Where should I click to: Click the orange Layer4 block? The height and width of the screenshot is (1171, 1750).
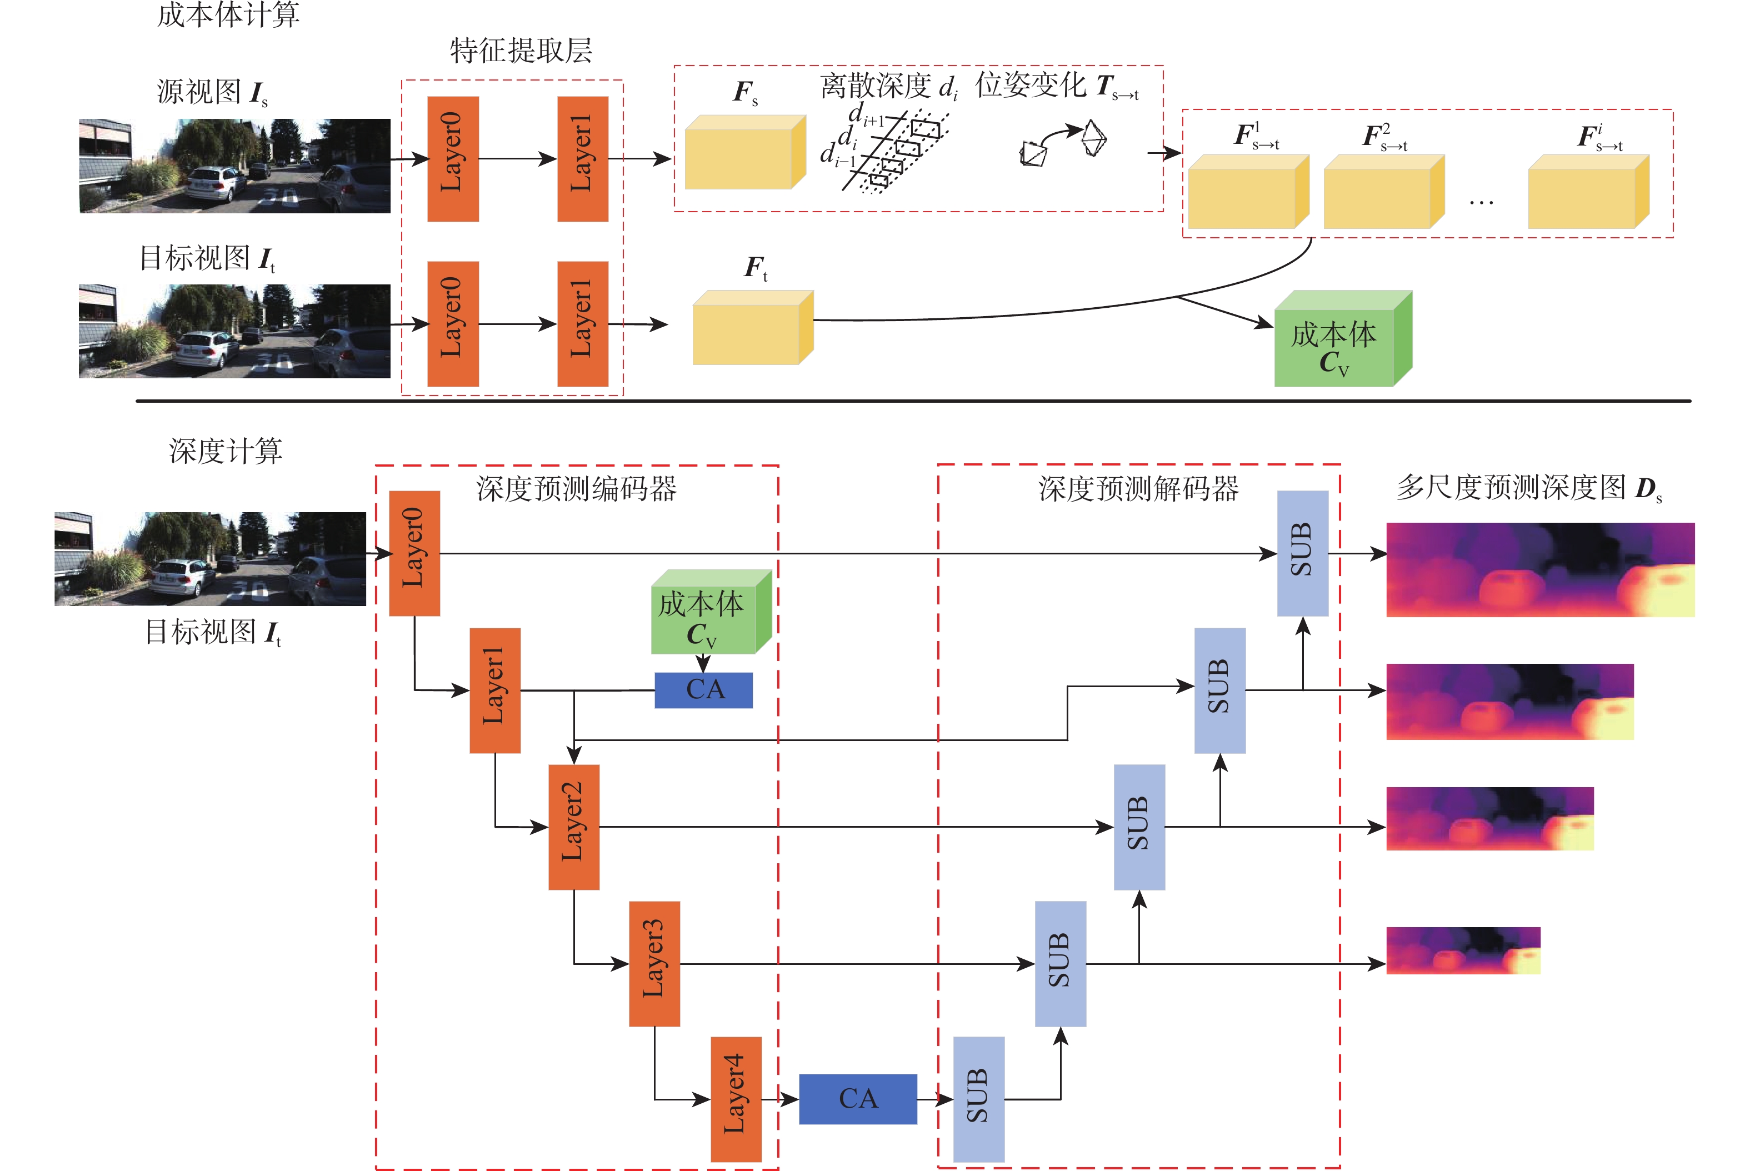click(736, 1099)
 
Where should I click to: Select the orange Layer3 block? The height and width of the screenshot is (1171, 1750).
click(654, 963)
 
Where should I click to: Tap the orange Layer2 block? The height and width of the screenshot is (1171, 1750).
click(574, 827)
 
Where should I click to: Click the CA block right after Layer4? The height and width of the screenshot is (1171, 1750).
click(857, 1099)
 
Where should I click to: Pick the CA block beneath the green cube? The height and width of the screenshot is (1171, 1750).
click(703, 690)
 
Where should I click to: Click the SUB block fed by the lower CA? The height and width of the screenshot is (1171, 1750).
click(978, 1099)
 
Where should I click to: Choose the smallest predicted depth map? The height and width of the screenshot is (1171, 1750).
click(1462, 950)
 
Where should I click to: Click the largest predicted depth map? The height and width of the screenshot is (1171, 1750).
click(1539, 569)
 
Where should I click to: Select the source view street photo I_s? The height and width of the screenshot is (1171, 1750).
click(234, 166)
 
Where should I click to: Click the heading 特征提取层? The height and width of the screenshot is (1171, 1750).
click(521, 51)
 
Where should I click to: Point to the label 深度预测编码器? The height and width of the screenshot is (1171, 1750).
click(576, 489)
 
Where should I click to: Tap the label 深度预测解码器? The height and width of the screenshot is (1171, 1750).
click(1138, 489)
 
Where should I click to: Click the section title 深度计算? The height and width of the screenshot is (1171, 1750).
click(226, 451)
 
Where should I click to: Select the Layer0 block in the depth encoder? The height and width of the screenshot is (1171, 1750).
click(414, 553)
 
